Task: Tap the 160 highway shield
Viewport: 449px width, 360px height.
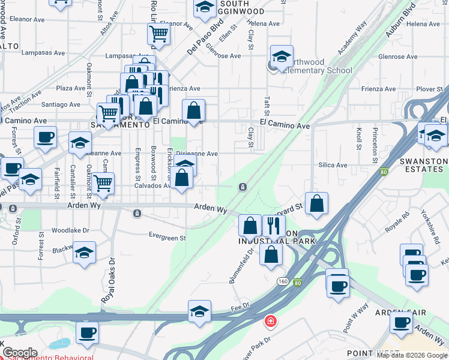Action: [282, 281]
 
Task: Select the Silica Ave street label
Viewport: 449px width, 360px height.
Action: [333, 165]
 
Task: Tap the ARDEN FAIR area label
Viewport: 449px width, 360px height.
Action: [400, 313]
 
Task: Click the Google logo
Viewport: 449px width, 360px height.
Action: [20, 353]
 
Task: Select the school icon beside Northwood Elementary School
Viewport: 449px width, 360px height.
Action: [282, 58]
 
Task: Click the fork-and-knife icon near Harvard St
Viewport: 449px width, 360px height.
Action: [273, 226]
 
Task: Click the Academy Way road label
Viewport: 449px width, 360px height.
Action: [352, 39]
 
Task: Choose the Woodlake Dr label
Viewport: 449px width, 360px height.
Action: [70, 230]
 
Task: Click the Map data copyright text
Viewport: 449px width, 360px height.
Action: [412, 355]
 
